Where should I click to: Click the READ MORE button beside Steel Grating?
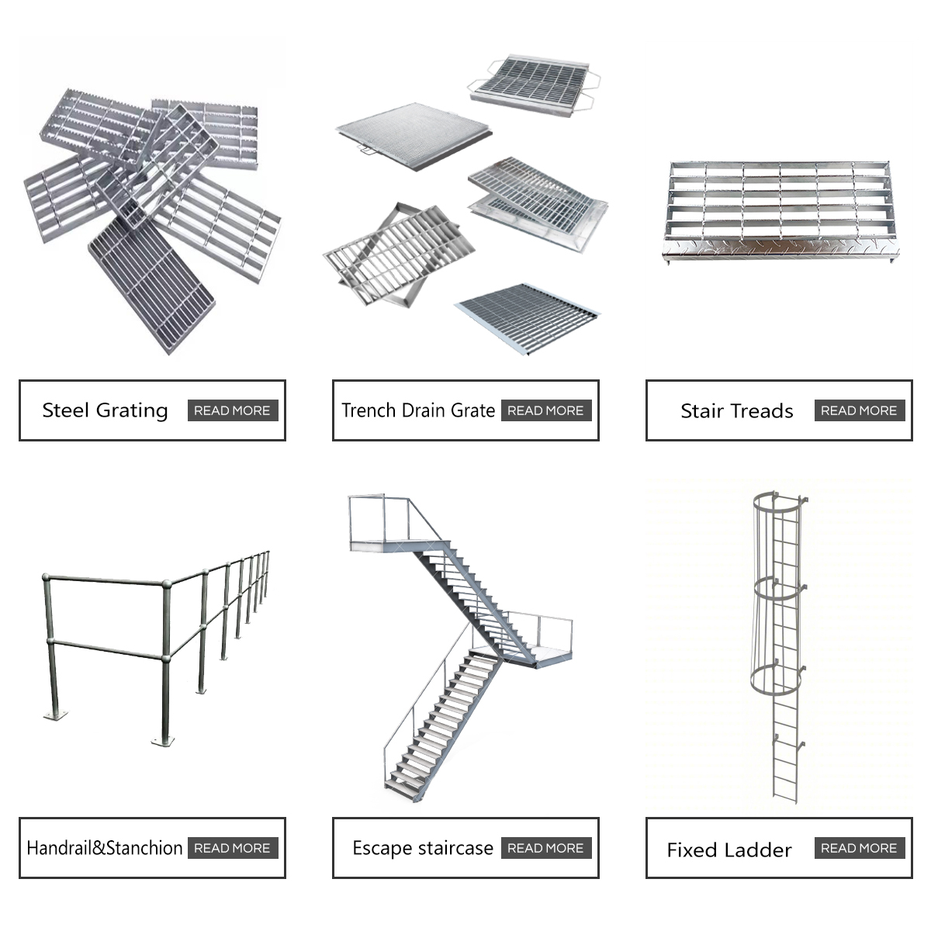click(x=232, y=410)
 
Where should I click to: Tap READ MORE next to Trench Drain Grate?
click(x=545, y=410)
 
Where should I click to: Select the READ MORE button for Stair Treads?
click(x=859, y=410)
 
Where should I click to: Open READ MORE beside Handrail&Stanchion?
click(x=232, y=848)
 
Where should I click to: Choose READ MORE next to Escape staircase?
click(x=545, y=848)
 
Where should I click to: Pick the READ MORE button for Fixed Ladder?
click(x=859, y=848)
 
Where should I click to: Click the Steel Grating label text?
click(x=105, y=410)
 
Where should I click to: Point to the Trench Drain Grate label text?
click(x=418, y=410)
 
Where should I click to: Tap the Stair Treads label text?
click(x=736, y=411)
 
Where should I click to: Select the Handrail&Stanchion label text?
click(x=105, y=848)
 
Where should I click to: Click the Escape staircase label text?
click(x=423, y=848)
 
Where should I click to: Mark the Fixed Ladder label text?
click(x=729, y=850)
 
